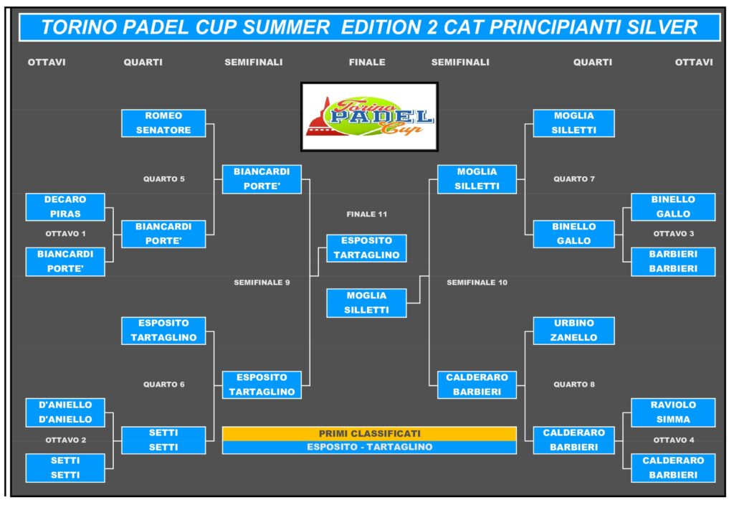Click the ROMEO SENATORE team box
163,123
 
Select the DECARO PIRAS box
65,207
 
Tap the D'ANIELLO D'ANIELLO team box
65,412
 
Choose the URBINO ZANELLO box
573,330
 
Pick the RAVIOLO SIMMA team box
673,412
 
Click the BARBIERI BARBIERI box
673,261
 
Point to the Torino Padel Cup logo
369,117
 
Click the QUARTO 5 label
164,179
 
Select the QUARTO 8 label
574,384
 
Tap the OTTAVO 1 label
65,234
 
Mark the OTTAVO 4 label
674,440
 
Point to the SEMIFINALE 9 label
262,283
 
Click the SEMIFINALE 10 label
477,283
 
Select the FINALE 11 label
366,214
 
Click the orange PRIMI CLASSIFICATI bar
369,433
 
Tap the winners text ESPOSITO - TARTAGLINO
369,447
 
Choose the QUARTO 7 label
574,179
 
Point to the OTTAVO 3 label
674,234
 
